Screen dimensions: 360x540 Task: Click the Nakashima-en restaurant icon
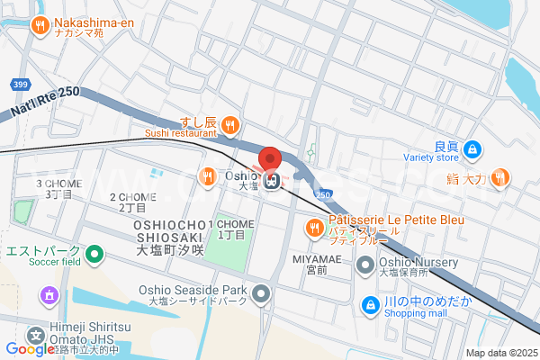40,25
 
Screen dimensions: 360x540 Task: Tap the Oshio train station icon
271,180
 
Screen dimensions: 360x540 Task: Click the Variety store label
434,157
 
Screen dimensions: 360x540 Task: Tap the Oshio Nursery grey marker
365,264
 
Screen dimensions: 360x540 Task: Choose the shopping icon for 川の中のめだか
370,306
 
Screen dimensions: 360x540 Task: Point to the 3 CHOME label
58,184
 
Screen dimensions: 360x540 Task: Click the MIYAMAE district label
315,258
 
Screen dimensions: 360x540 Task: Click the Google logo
31,349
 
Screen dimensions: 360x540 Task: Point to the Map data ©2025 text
499,353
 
